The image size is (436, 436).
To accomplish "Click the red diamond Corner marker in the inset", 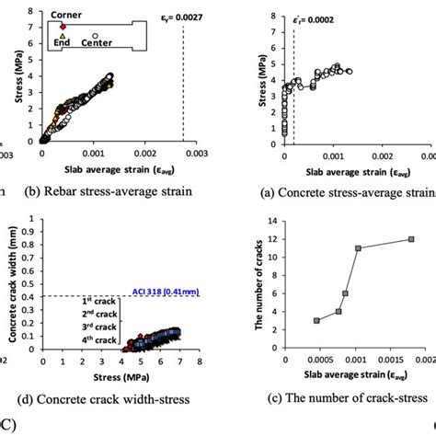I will (63, 27).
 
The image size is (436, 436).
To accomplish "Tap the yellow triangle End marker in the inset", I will (63, 38).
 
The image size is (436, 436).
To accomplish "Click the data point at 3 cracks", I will (316, 320).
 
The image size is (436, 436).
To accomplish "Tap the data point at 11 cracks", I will (358, 248).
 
